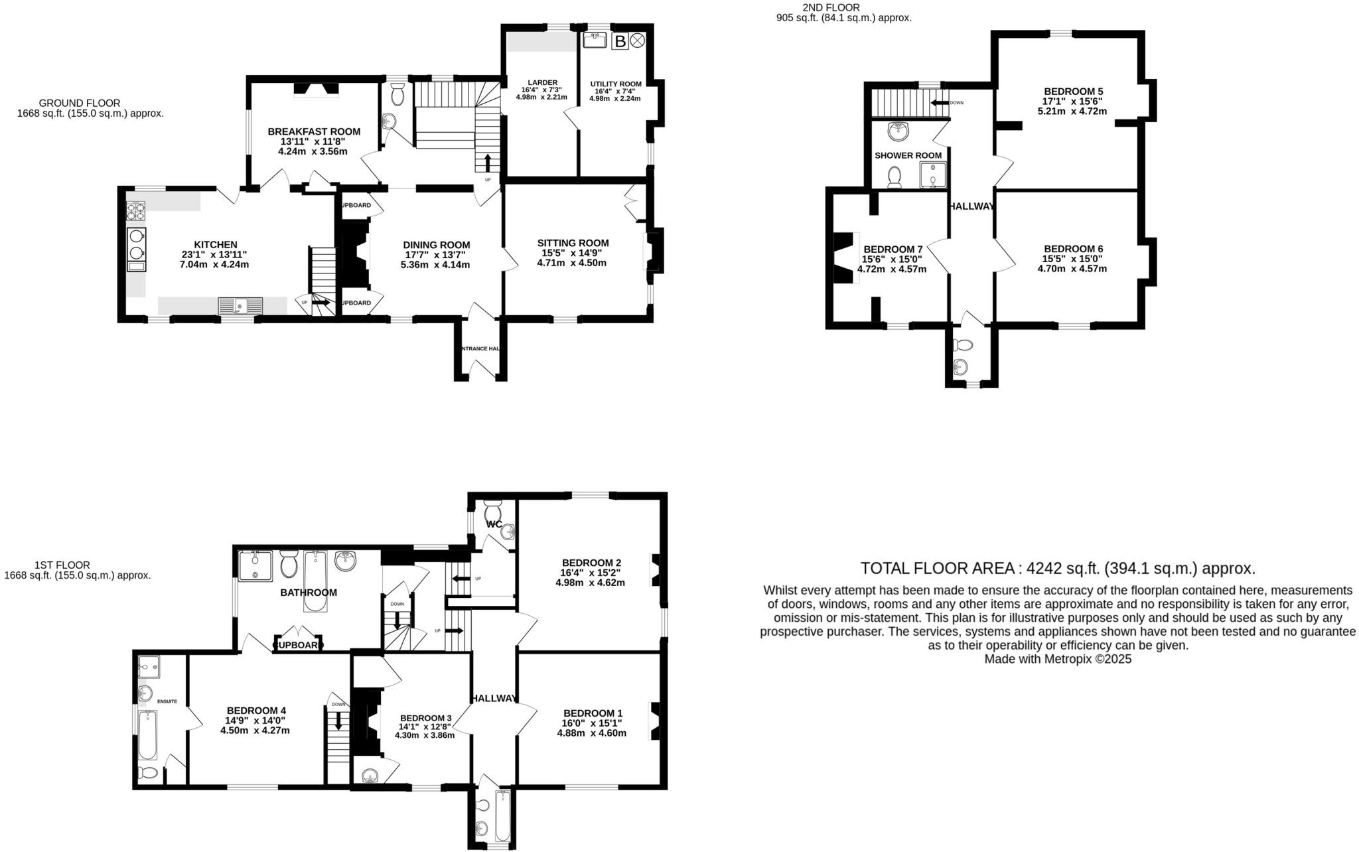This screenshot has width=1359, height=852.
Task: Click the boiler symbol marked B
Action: (620, 42)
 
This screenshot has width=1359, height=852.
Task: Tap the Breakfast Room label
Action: (314, 131)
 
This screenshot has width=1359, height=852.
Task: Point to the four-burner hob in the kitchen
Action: (136, 211)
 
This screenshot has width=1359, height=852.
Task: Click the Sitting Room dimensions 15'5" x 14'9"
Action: (572, 253)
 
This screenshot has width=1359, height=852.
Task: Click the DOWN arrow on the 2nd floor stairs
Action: (940, 103)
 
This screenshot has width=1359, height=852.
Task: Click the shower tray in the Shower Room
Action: (932, 175)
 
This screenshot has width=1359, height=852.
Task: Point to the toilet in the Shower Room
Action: (894, 177)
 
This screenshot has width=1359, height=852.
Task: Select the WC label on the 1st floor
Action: (494, 524)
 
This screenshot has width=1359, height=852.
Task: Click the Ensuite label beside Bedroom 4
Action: (167, 701)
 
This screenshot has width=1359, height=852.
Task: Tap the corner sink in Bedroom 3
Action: (368, 776)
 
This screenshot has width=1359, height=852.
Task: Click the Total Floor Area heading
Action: (1058, 569)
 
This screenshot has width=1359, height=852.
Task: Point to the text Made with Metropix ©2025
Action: (1058, 660)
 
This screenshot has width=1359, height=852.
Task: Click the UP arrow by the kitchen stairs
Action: (321, 303)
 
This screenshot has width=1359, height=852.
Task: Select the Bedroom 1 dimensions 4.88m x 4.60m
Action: (591, 733)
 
